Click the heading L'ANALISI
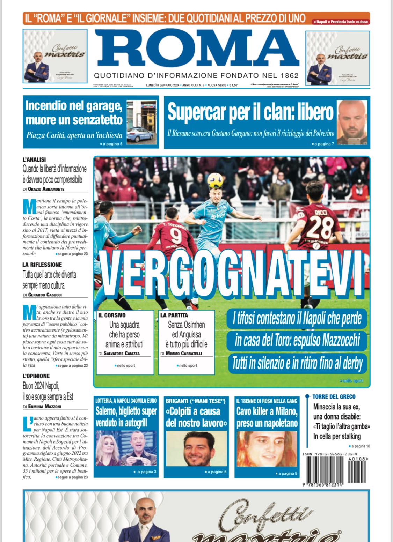coord(34,159)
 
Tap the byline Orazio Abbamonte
coord(46,189)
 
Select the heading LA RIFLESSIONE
coord(42,265)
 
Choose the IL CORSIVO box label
coord(112,315)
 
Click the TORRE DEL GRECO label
coord(334,396)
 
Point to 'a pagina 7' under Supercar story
coord(323,144)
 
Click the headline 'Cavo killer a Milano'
coord(267,411)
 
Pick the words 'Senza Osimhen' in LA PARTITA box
coord(186,325)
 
